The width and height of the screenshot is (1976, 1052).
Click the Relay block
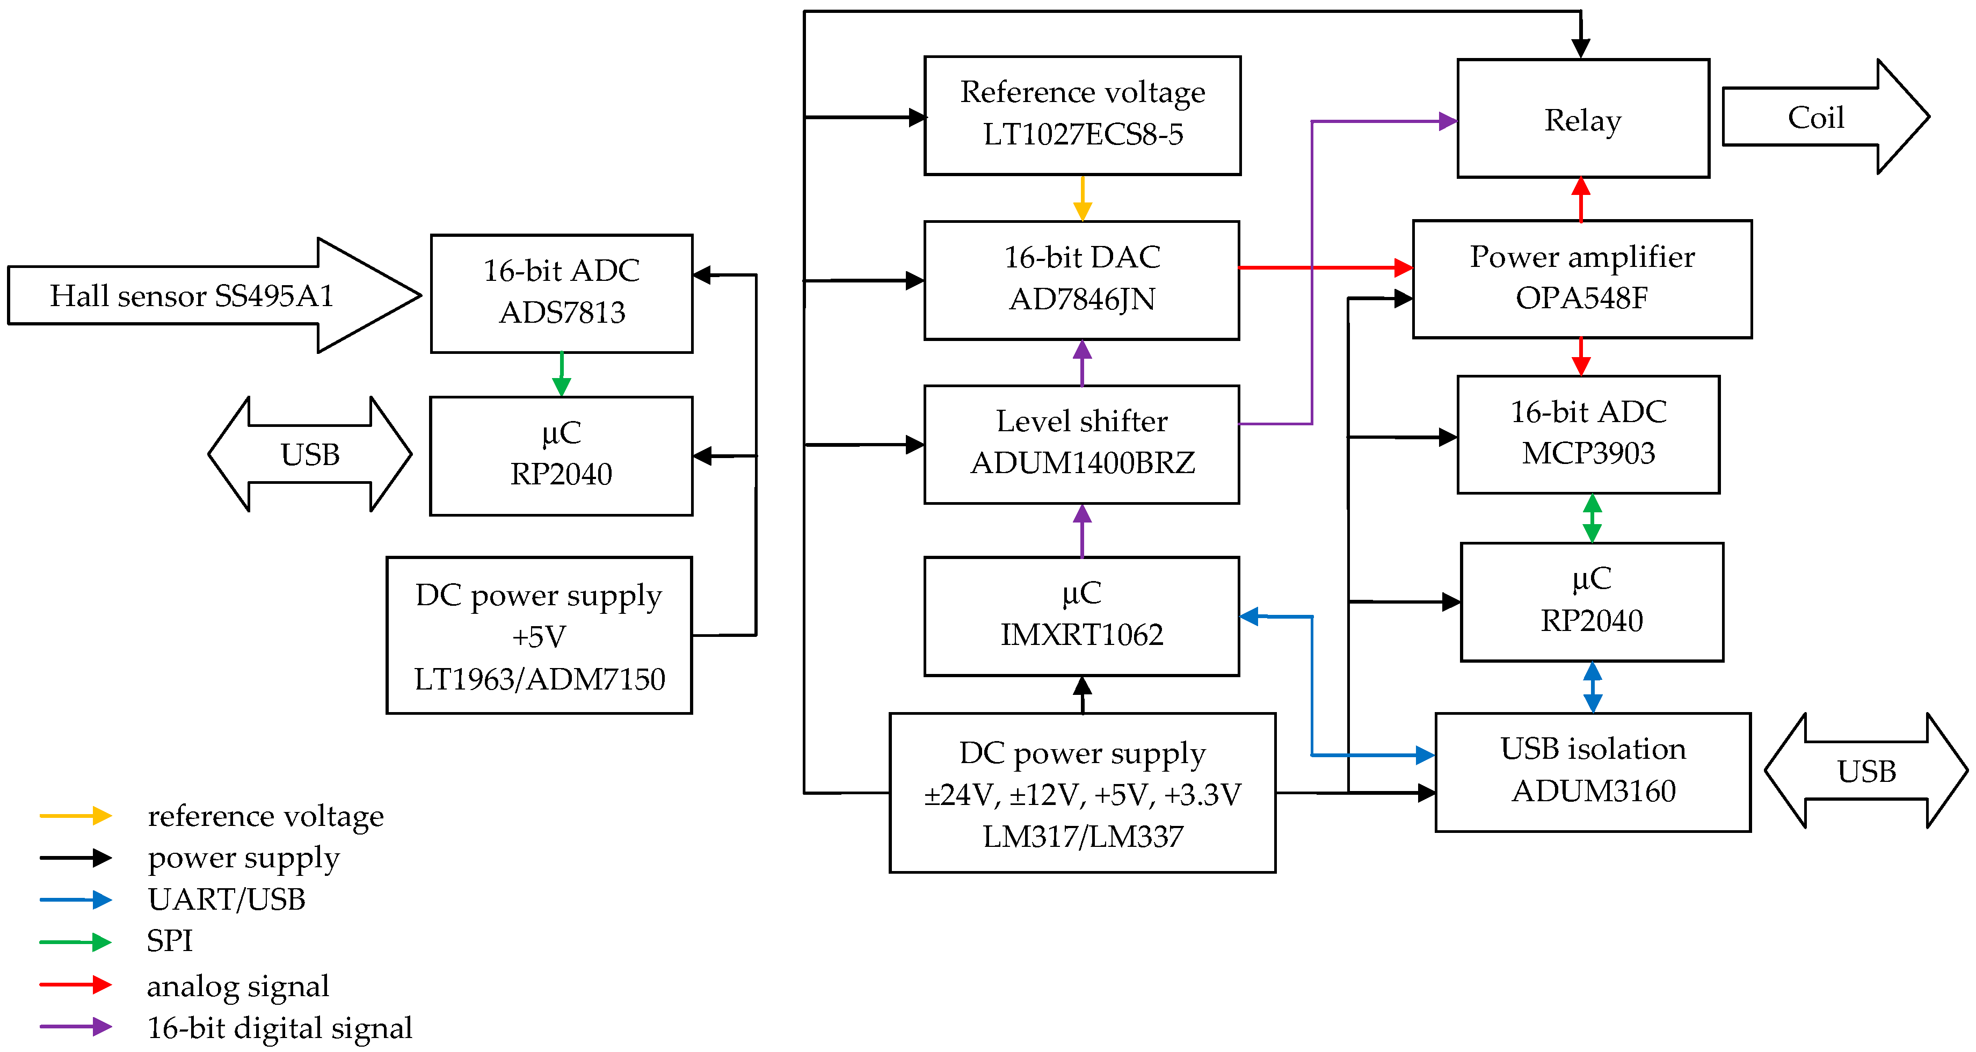1582,119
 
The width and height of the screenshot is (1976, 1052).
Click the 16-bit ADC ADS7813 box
562,293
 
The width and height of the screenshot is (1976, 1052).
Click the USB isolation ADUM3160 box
1593,772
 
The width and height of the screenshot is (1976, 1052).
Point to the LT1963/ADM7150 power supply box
539,635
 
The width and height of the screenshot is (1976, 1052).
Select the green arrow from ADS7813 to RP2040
562,374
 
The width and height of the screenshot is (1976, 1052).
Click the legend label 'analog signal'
238,986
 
